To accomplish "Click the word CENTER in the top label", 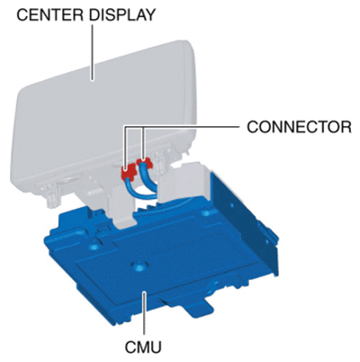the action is (x=50, y=14).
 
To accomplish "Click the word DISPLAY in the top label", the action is (x=122, y=14).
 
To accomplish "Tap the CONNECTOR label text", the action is (x=299, y=127).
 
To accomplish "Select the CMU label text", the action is (x=143, y=347).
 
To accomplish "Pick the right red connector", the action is (x=144, y=163).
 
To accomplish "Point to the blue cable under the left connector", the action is (x=137, y=189).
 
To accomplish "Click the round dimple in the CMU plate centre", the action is (x=138, y=265).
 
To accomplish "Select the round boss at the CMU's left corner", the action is (x=94, y=247).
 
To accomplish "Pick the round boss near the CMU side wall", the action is (x=205, y=213).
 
